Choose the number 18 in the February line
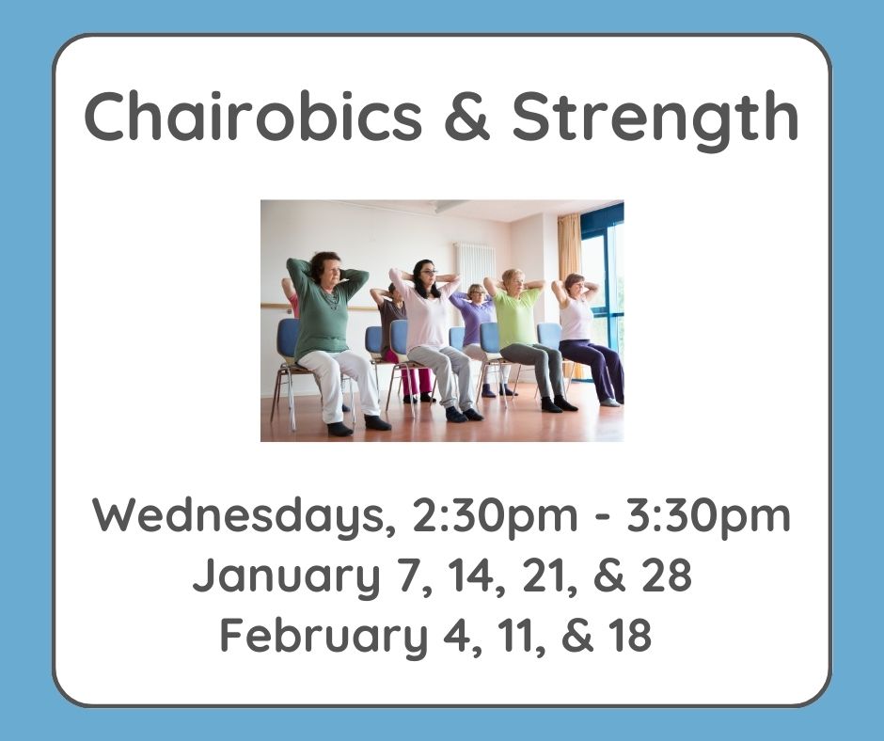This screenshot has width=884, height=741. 624,635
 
